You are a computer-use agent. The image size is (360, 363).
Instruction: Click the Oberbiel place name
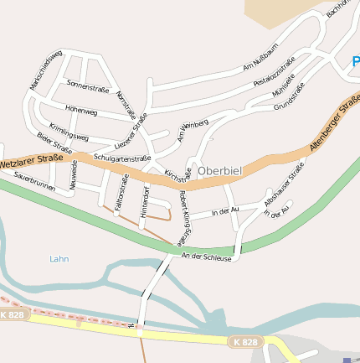click(220, 171)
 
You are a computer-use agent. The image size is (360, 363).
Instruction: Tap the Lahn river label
click(59, 259)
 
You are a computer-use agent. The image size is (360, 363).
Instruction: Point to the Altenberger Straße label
click(333, 124)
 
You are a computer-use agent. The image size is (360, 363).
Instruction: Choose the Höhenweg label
click(81, 111)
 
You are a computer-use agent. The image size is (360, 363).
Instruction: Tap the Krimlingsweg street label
click(69, 131)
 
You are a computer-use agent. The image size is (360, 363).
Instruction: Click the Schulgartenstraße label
click(122, 158)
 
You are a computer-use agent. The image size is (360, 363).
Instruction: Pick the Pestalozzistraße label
click(274, 72)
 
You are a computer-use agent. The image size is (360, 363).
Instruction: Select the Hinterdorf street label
click(145, 202)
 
